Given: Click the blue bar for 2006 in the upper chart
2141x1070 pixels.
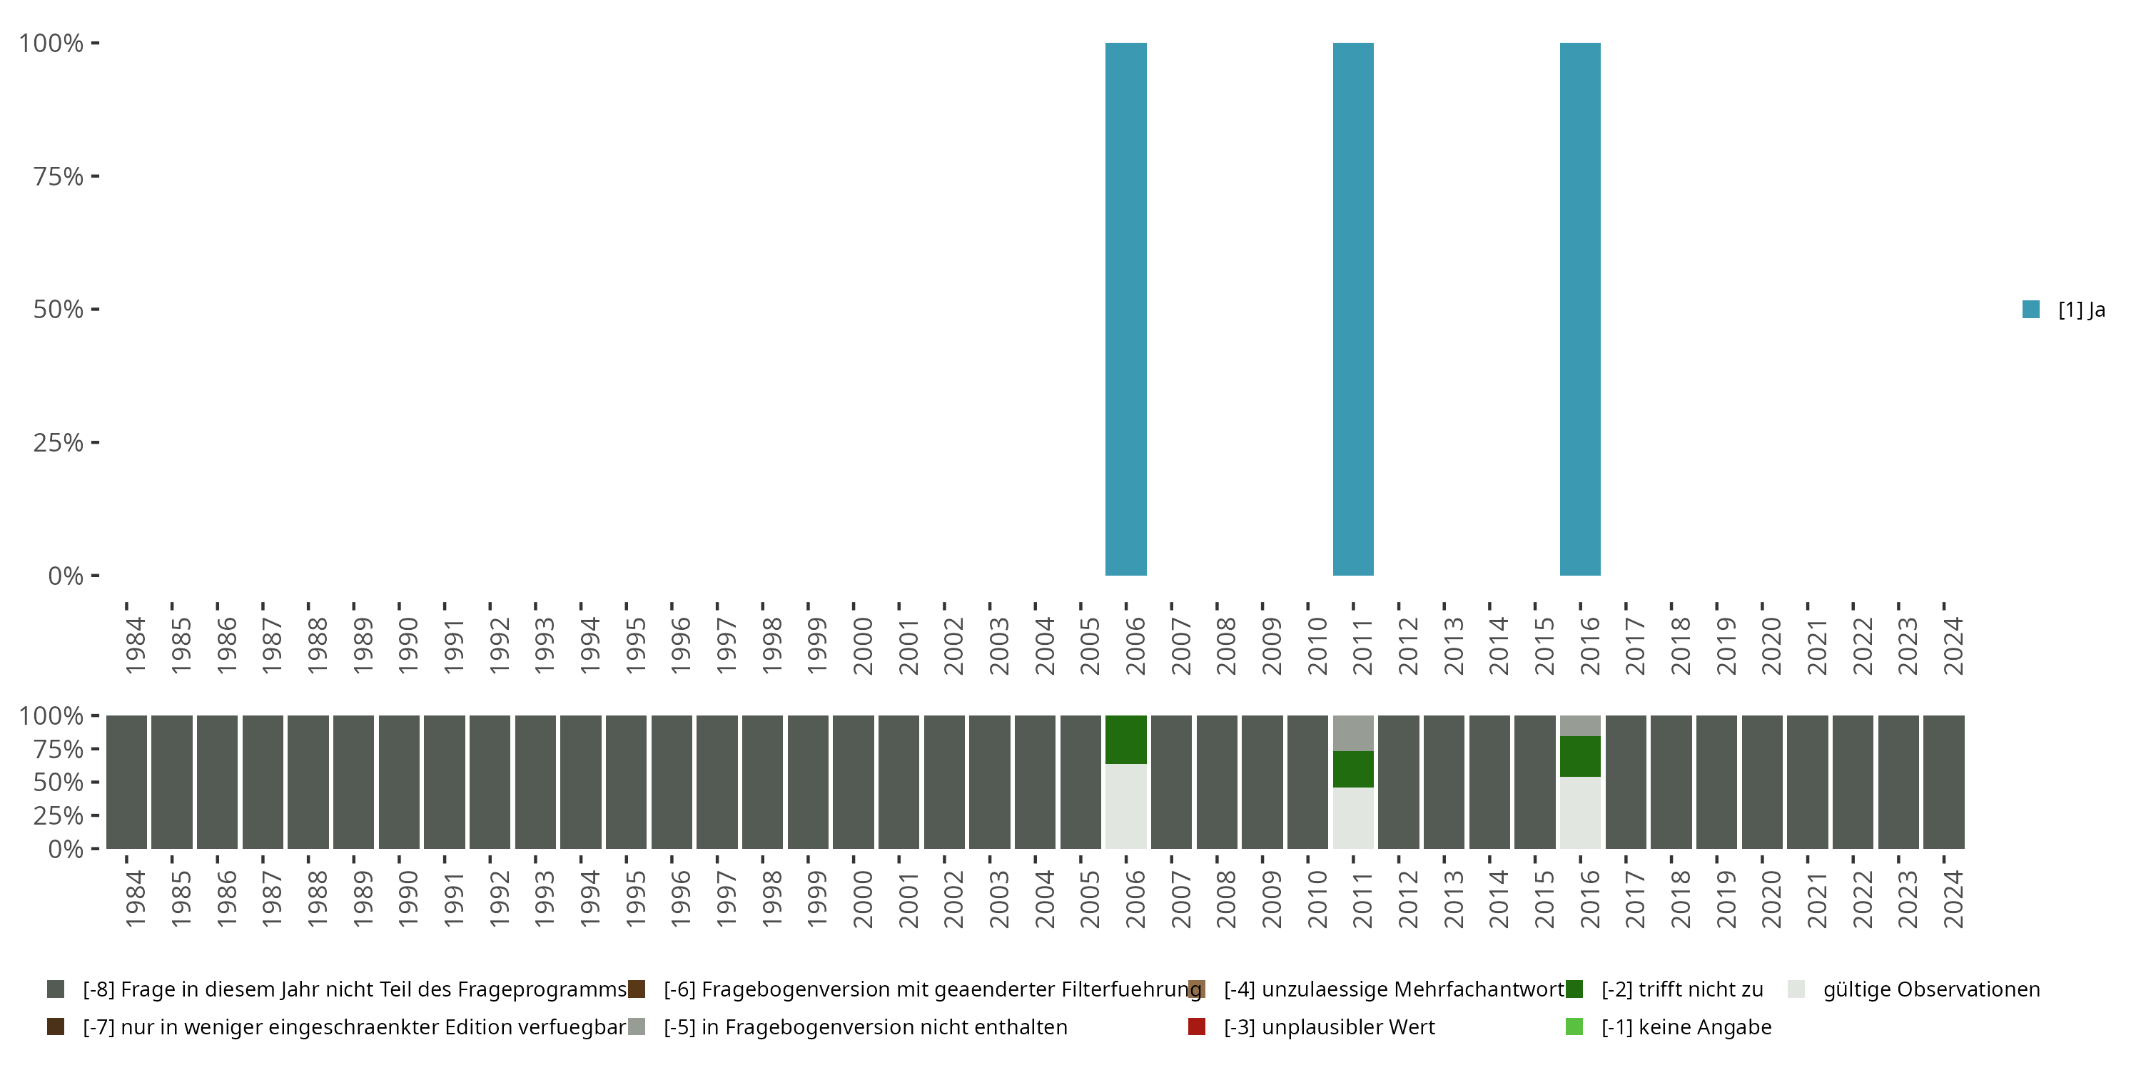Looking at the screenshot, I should coord(1125,309).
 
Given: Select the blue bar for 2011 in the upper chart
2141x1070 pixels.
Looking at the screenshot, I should coord(1353,309).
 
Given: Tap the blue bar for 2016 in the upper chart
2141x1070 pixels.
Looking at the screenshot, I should coord(1580,309).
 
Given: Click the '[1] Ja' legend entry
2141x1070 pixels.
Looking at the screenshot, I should coord(2064,310).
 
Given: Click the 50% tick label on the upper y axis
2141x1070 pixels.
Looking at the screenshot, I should coord(59,309).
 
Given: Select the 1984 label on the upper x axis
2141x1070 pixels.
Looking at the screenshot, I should coord(135,646).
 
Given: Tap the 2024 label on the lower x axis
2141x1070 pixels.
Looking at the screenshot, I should coord(1953,899).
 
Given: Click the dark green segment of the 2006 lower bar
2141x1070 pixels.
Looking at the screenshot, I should coord(1125,739).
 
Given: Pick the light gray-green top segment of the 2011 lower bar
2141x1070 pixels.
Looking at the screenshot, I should coord(1353,733).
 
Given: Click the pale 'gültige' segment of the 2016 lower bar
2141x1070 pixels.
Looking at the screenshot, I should coord(1580,812).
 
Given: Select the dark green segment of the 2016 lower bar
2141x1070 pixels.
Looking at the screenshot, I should coord(1580,756).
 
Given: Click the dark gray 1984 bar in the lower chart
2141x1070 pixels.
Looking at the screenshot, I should coord(126,782).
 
